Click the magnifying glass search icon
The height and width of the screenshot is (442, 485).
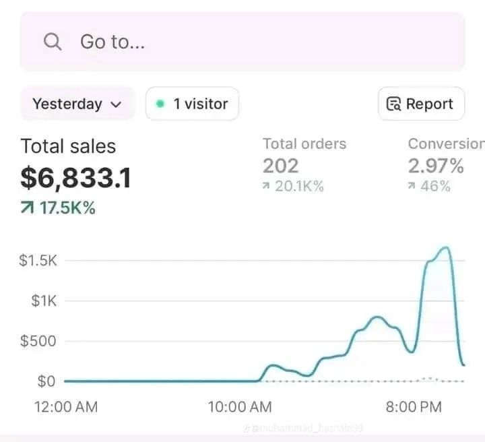tap(53, 42)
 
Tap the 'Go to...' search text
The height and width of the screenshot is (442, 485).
tap(112, 42)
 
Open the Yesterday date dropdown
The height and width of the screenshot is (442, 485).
tap(77, 104)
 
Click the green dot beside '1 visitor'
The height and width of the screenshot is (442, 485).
tap(160, 104)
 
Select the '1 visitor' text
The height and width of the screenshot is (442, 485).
tap(200, 104)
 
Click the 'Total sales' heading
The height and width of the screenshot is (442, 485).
tap(68, 146)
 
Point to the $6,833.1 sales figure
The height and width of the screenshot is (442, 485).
tap(75, 179)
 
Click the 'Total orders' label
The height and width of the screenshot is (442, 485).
tap(304, 144)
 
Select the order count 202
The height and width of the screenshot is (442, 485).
tap(280, 166)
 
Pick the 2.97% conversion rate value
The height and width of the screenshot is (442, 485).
tap(436, 166)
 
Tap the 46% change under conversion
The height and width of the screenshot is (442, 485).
tap(435, 187)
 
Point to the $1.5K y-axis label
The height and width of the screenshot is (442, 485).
tap(38, 261)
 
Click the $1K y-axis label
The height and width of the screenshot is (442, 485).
tap(44, 301)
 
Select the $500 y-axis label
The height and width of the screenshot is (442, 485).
tap(38, 341)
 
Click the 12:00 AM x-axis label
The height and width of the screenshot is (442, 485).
tap(65, 407)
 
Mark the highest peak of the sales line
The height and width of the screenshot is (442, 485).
tap(445, 248)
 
